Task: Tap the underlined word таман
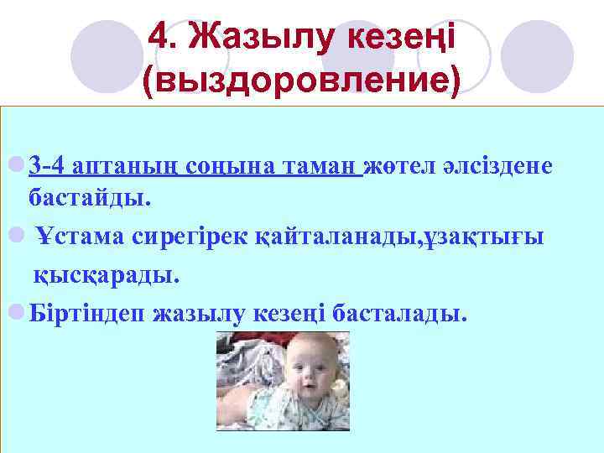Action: tap(318, 165)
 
